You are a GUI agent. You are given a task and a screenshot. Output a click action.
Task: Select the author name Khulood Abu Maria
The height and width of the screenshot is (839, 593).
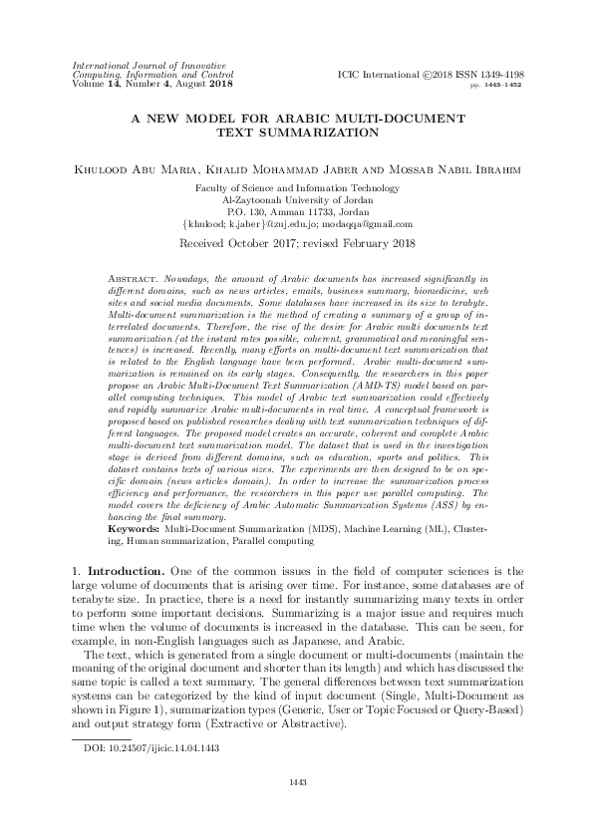tap(132, 169)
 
